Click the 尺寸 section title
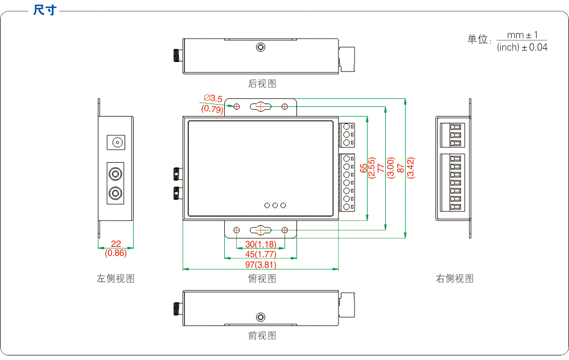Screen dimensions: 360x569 [x=45, y=10]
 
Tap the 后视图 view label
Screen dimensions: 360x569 [x=262, y=84]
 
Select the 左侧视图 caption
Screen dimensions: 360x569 [x=116, y=278]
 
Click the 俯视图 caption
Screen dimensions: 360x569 [x=262, y=278]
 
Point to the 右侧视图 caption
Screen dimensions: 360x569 [x=455, y=278]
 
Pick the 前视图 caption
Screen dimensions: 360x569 [x=262, y=336]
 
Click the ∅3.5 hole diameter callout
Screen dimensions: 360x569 [x=213, y=99]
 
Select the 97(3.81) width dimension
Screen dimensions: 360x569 [x=261, y=265]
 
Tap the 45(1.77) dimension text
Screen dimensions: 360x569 [x=261, y=254]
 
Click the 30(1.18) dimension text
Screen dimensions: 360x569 [x=261, y=244]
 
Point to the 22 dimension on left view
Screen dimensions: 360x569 [x=116, y=243]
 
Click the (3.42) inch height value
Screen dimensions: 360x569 [x=411, y=168]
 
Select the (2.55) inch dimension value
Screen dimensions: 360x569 [x=372, y=168]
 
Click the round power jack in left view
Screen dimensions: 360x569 [x=117, y=142]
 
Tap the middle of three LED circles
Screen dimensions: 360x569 [x=275, y=205]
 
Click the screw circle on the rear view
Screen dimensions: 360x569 [x=261, y=48]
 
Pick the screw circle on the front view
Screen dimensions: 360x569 [x=261, y=317]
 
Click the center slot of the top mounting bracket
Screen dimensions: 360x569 [x=261, y=106]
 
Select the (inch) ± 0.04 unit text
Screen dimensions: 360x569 [x=522, y=48]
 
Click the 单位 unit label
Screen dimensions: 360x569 [x=478, y=40]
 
